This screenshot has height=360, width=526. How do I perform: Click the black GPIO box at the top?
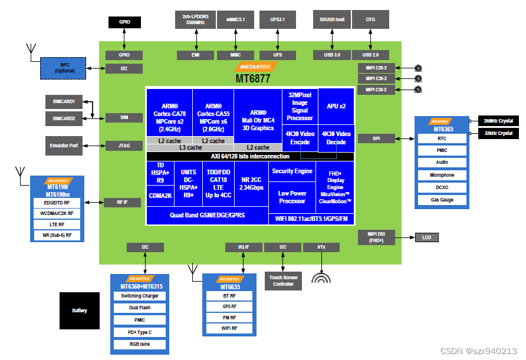(124, 22)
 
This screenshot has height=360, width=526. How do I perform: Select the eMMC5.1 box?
(235, 19)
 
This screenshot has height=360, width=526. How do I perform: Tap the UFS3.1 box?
(277, 19)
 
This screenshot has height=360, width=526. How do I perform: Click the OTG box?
(370, 19)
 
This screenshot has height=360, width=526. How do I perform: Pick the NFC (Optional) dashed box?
(64, 68)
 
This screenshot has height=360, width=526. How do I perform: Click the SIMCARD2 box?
(64, 118)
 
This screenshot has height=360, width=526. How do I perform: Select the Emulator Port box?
(64, 145)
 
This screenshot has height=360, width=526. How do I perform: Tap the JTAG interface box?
(124, 145)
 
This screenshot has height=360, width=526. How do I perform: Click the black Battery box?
(79, 311)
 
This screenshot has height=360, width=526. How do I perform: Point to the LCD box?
(427, 237)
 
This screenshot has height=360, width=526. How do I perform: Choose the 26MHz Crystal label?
(497, 121)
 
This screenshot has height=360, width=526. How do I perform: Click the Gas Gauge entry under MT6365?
(442, 200)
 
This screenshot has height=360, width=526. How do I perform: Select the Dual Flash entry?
(140, 308)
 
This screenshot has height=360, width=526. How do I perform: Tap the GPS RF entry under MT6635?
(229, 306)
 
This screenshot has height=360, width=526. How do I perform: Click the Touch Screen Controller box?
(283, 280)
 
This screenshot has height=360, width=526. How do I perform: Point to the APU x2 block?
(336, 106)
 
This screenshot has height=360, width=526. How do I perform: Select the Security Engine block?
(292, 171)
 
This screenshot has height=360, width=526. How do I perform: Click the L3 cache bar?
(190, 147)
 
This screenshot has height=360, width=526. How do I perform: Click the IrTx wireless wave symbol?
(321, 279)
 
